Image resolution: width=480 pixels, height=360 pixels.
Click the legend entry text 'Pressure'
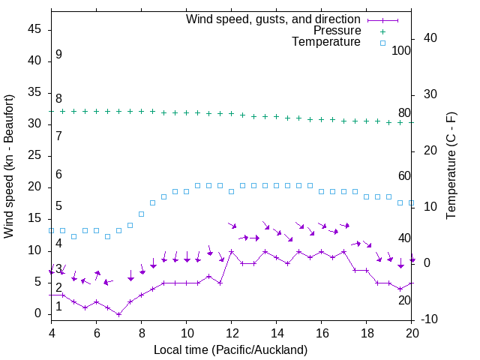pos(337,31)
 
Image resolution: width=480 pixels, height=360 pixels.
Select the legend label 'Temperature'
pos(326,42)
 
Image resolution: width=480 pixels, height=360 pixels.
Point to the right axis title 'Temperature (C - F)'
pos(451,166)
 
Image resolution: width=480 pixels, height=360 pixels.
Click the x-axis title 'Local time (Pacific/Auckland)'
pos(230,349)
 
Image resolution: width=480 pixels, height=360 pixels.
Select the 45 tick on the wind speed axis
pos(34,29)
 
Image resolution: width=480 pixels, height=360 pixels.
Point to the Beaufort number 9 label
pos(58,55)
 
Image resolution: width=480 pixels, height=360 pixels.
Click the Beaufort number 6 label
pos(58,175)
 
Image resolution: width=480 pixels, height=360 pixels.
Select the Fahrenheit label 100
pos(402,51)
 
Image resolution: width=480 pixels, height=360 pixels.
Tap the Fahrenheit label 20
pos(404,300)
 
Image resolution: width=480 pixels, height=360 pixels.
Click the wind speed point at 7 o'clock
pos(118,314)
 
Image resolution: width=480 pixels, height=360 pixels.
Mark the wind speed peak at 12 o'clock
pos(232,251)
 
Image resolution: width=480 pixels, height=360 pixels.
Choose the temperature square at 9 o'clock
pos(163,197)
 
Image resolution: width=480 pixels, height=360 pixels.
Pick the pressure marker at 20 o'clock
pos(412,122)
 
